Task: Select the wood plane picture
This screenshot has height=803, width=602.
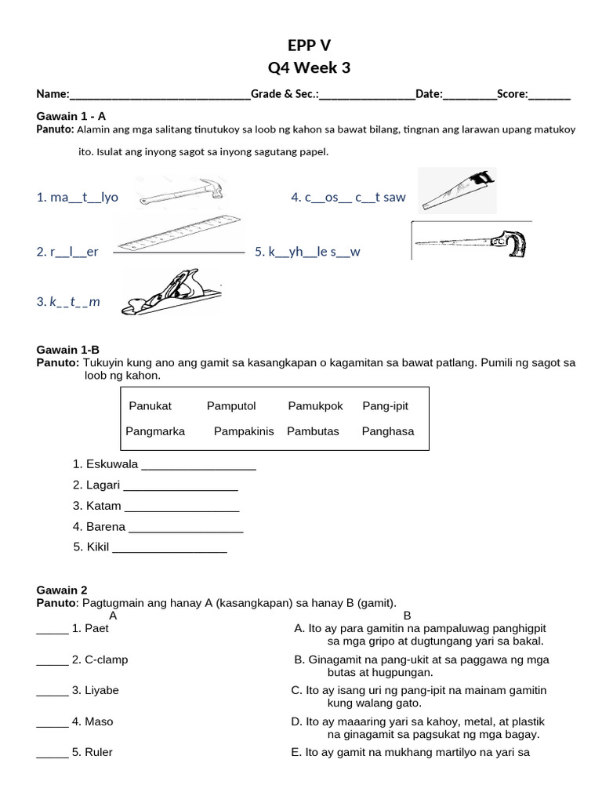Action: tap(171, 292)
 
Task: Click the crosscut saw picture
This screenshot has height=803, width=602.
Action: tap(457, 191)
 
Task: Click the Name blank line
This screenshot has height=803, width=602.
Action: tap(160, 95)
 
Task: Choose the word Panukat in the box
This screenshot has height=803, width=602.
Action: tap(150, 405)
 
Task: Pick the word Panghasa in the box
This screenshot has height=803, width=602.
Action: tap(388, 431)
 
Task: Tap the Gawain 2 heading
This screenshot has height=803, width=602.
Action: tap(62, 590)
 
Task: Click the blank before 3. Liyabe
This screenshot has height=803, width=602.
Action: tap(53, 691)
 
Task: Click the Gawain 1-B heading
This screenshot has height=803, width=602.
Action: tap(68, 350)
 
